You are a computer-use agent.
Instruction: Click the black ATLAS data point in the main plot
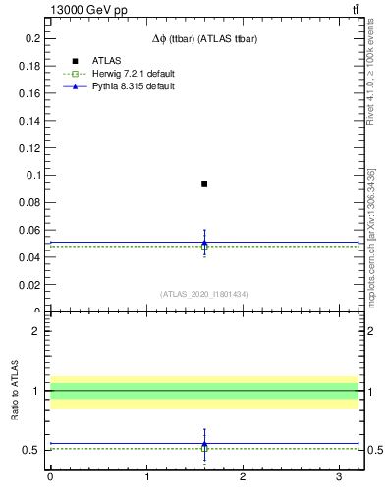(x=204, y=184)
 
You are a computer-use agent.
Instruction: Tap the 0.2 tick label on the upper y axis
(x=32, y=38)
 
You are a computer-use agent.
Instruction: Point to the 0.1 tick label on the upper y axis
(x=32, y=176)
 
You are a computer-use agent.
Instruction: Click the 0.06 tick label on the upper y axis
(x=29, y=230)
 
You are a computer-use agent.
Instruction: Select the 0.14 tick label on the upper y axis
(x=29, y=121)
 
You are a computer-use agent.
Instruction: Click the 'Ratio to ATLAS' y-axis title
(x=15, y=390)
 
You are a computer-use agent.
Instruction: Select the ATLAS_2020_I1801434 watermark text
(x=204, y=294)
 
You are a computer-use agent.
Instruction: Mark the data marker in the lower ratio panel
(x=204, y=447)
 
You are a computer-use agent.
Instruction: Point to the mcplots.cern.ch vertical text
(x=370, y=251)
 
